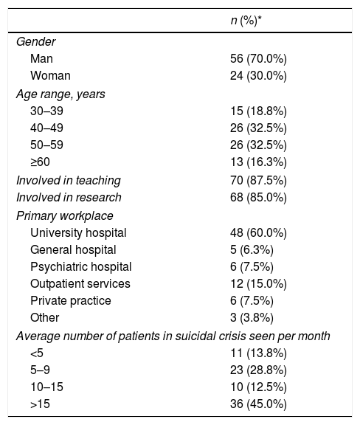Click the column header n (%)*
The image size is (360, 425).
[x=246, y=21]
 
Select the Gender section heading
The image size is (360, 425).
[x=36, y=42]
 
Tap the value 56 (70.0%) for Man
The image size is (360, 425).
[x=258, y=58]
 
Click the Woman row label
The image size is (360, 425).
[x=50, y=75]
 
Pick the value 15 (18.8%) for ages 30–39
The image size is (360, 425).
[x=258, y=111]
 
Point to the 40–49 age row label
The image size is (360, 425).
[x=46, y=128]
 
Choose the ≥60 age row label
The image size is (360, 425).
[x=40, y=162]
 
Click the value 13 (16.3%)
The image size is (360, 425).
[x=258, y=162]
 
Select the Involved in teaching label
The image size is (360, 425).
[x=69, y=181]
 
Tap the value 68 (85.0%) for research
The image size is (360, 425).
[x=258, y=198]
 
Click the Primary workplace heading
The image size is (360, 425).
[x=65, y=216]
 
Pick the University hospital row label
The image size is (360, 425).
[x=78, y=233]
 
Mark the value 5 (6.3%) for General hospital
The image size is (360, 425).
[x=252, y=250]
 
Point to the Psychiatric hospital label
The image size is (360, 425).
[x=81, y=267]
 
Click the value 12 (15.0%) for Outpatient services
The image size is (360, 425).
[x=258, y=284]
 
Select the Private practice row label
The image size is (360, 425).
[x=71, y=301]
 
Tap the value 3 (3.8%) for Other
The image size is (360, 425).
[x=252, y=318]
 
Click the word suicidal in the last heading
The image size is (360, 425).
[x=193, y=336]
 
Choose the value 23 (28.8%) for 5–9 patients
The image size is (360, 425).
[x=258, y=370]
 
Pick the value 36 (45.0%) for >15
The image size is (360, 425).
[x=258, y=404]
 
